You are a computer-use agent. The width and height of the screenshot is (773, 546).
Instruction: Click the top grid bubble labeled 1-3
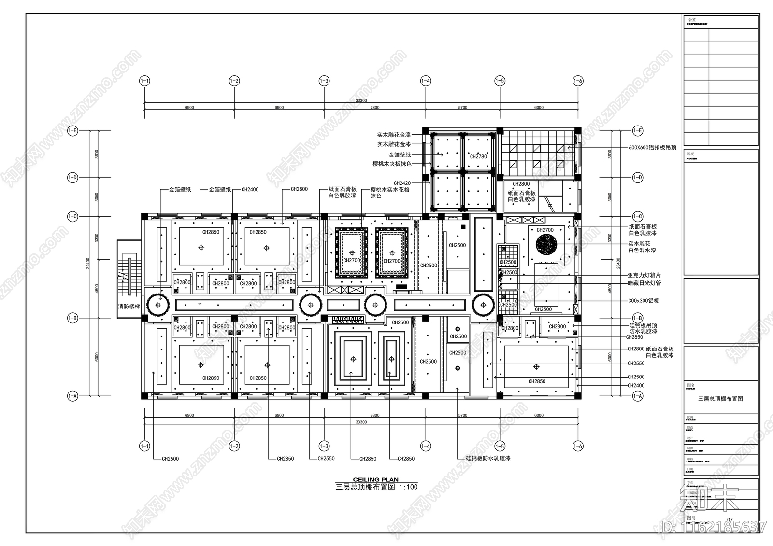tap(324, 81)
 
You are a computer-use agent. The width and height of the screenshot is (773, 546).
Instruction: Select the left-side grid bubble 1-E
tap(72, 130)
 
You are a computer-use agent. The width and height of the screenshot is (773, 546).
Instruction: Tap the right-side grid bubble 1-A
tap(638, 396)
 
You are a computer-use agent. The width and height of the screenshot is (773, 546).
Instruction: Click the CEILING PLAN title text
tap(376, 480)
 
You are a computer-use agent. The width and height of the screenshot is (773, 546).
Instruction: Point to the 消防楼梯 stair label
tap(129, 307)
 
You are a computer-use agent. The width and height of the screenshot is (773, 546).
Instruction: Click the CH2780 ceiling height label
tap(478, 156)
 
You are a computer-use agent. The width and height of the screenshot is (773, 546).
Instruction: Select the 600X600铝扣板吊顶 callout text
tap(652, 148)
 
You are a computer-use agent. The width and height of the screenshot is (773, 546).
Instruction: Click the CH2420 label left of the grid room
tap(402, 183)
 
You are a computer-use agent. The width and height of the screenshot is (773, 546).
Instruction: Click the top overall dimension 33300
tap(361, 101)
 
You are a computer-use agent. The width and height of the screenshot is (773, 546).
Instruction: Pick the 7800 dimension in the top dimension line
tap(375, 108)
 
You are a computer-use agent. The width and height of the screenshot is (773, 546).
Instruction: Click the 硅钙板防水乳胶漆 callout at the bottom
tap(488, 458)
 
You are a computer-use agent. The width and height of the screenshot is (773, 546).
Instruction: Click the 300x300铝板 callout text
tap(644, 300)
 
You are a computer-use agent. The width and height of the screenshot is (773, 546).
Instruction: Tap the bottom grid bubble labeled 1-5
tap(500, 447)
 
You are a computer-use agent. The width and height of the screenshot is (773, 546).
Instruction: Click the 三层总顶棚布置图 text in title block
tap(720, 399)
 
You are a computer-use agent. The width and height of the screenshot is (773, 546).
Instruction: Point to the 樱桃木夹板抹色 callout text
tap(392, 164)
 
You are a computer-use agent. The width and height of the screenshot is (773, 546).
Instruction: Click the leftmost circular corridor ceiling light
tap(158, 305)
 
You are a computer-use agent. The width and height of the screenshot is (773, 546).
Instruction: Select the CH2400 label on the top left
tap(250, 190)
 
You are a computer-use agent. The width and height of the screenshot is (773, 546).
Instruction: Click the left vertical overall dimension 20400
tap(88, 263)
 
